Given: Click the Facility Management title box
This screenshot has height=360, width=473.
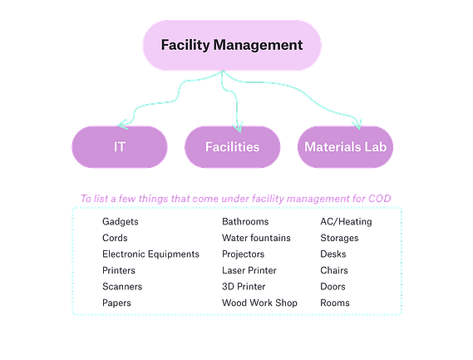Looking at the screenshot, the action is coord(232,45).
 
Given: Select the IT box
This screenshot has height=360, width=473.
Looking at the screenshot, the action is coord(120,147).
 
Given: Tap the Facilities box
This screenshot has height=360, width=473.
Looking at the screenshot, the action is coord(233,147).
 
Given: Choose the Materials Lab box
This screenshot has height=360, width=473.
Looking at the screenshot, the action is coord(346,147).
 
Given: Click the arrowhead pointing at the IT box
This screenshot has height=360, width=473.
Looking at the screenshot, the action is coord(122,125).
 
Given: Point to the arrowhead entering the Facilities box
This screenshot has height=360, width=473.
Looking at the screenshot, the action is coord(238,128).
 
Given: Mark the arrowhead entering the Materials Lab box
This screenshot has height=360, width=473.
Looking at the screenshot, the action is coord(357,125).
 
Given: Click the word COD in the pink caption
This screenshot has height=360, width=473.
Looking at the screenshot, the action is coord(380,199).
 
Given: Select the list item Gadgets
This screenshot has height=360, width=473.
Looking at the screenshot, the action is coord(121,222).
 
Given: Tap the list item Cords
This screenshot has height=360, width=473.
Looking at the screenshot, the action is coord(115,238).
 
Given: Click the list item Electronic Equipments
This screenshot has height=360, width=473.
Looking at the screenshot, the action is coord(150,254).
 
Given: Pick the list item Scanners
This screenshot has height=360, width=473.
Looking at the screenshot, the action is coord(122,286).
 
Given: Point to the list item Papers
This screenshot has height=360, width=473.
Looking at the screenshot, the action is coord(116,303).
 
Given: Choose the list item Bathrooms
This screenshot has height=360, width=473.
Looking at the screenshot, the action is coord(245,221).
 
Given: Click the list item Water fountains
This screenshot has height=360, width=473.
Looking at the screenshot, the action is coord(256,238).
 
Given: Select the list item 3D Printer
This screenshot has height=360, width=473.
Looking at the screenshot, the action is coord(244,286).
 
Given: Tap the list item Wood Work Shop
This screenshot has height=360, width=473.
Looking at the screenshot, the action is coord(259,303).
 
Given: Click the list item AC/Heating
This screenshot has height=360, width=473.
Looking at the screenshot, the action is coord(347,222).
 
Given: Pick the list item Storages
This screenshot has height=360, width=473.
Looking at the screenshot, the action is coord(339,238).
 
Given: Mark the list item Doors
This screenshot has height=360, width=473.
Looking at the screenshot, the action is coord(333,286).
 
